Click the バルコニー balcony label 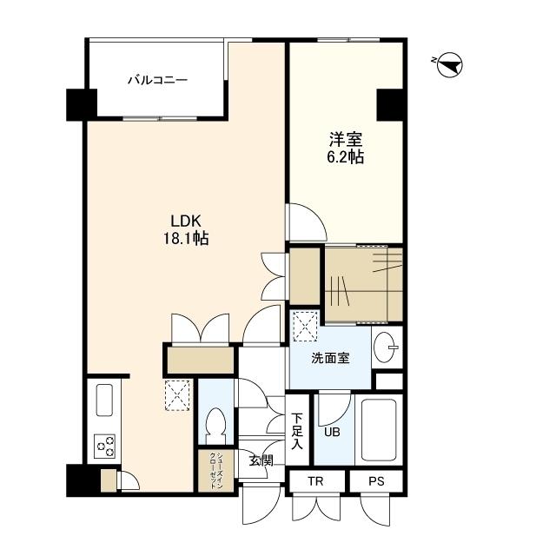(x=157, y=80)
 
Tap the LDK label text (x=186, y=222)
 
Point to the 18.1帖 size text (x=185, y=238)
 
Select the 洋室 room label (x=346, y=139)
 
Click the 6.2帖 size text (x=346, y=156)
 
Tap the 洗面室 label (x=330, y=359)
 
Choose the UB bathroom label (x=332, y=432)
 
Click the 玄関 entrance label (x=261, y=460)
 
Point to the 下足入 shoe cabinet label (x=297, y=431)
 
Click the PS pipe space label (x=376, y=481)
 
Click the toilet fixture (x=216, y=425)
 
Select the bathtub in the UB (x=379, y=430)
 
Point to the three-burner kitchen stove (x=104, y=447)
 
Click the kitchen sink (x=104, y=400)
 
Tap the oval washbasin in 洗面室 (x=384, y=347)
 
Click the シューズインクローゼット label (x=215, y=471)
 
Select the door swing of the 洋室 (x=307, y=222)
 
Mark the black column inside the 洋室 (x=390, y=104)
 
